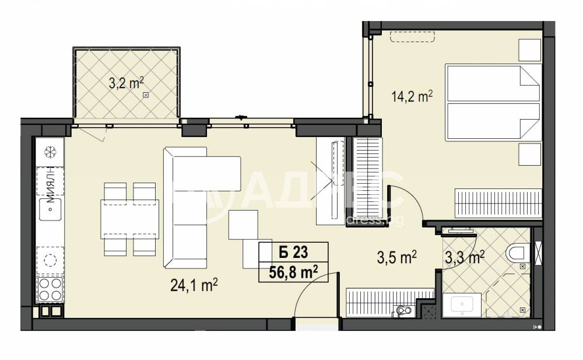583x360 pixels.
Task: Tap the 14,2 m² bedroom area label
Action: (412, 96)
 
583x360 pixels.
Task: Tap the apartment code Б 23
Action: (293, 253)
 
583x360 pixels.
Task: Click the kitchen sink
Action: (50, 210)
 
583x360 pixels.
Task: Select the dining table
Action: (129, 219)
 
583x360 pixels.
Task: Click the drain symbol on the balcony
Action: (146, 96)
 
